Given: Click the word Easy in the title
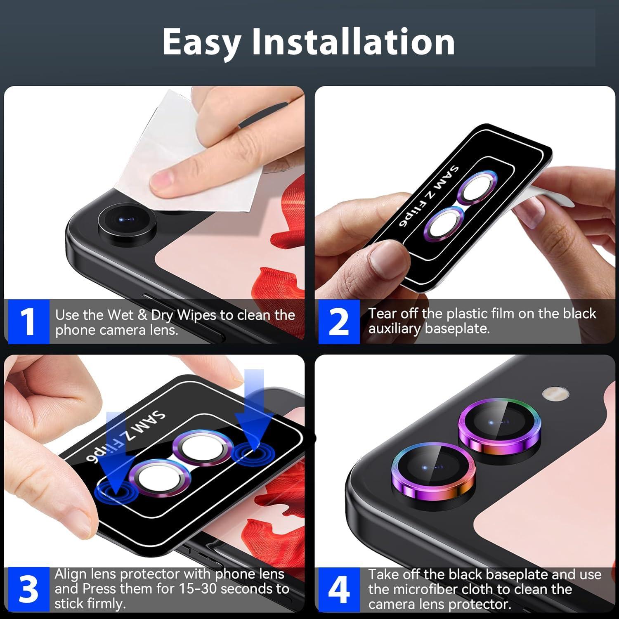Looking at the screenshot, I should tap(201, 42).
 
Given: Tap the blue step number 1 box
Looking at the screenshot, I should tap(28, 322).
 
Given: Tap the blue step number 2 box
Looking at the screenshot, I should tap(339, 322).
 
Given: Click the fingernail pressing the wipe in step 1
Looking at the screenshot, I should tap(162, 181).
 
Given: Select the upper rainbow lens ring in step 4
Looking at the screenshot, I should tap(497, 425).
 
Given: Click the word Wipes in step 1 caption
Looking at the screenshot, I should tap(196, 315).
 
